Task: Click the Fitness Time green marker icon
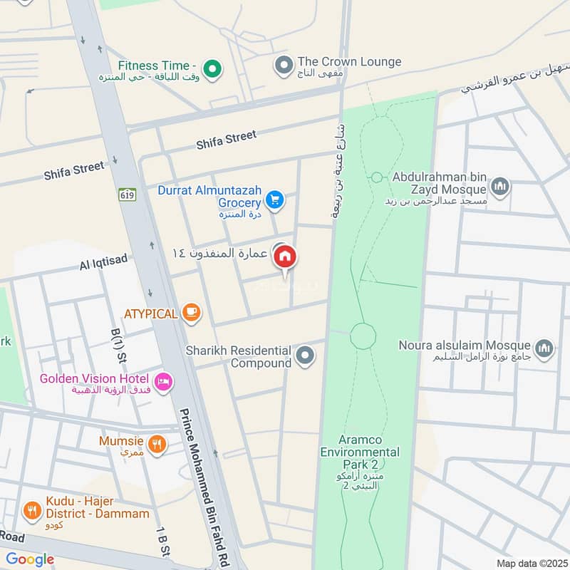(211, 69)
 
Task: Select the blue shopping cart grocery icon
(274, 200)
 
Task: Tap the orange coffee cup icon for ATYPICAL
(190, 312)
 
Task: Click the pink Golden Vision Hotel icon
(164, 383)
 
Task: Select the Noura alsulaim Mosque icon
(544, 348)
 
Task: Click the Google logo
(30, 559)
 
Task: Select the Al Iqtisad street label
(103, 263)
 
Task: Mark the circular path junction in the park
(363, 335)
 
